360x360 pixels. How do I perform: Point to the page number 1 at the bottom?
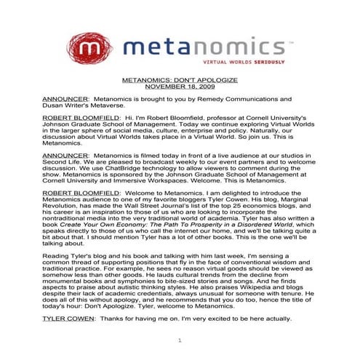(180, 341)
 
